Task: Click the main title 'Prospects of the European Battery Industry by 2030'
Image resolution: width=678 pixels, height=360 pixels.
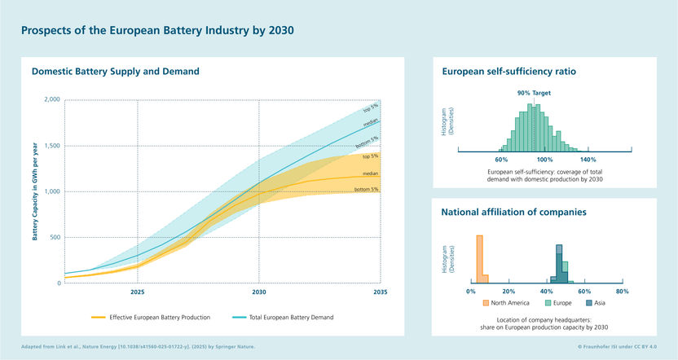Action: pos(156,30)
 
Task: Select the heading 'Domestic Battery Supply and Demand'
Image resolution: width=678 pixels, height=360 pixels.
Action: pos(115,72)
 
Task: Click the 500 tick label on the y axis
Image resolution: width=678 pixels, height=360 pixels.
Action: pos(53,238)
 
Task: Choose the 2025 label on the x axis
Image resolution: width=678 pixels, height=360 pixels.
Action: pos(137,291)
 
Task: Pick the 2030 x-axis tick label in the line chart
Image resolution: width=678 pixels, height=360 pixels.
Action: pos(258,291)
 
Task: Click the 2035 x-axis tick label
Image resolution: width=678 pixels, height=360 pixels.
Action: pos(379,291)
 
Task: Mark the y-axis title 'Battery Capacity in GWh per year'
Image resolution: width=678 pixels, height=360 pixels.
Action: pos(35,191)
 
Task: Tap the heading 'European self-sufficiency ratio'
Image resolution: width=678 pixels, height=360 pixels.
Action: pos(508,72)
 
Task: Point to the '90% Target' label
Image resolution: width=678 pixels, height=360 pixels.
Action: pos(534,93)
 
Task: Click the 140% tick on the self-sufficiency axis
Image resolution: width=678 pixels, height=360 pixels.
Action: pos(588,160)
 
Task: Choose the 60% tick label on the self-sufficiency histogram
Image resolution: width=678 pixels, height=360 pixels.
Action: pos(501,160)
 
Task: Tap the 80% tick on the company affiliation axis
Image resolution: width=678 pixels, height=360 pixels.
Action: pos(622,291)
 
